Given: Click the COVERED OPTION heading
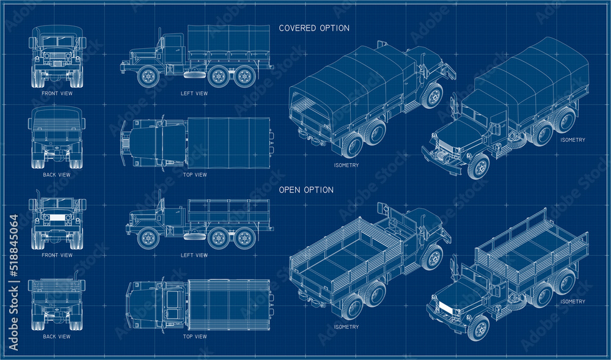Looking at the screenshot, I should point(314,28).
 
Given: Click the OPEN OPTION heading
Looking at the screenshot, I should point(306,190).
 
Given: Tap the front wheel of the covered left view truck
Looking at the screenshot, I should point(148,76).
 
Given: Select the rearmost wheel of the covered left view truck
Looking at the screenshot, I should point(245,76).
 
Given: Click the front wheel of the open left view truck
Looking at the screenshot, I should point(148,238).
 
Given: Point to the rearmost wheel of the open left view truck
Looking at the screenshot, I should point(244,238).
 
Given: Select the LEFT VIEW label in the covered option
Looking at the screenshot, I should point(194,94).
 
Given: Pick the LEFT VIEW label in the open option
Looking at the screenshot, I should point(194,255).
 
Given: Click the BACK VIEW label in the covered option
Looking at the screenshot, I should point(56,175).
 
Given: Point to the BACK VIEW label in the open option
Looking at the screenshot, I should point(56,337).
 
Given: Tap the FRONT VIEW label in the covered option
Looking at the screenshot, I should point(57,94).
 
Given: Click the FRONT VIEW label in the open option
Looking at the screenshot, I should point(57,255).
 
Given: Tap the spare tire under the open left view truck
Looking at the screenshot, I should point(194,235).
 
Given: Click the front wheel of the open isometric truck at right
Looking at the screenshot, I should point(478,328).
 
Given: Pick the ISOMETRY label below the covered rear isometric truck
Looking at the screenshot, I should point(346,165).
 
